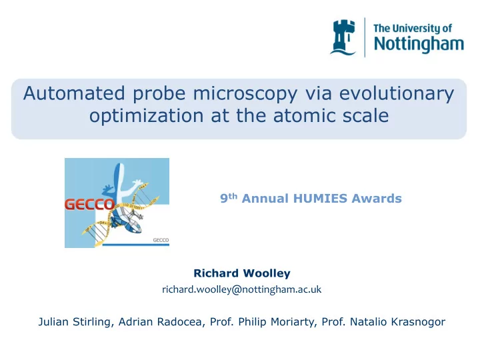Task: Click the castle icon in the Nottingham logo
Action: (343, 37)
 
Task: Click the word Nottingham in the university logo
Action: (419, 45)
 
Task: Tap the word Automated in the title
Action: (74, 93)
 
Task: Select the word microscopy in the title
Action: (245, 94)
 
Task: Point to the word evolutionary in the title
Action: (397, 94)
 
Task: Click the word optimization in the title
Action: (146, 116)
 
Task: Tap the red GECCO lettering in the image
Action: (89, 205)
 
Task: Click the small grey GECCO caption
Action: (161, 240)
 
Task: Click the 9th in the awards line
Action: (229, 198)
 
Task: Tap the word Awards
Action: (377, 199)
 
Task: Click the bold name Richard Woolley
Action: (242, 273)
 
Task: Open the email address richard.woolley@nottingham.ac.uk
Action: (242, 289)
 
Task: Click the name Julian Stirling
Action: (74, 322)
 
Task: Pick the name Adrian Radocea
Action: (160, 322)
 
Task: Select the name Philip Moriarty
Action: (277, 322)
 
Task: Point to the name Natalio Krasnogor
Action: (397, 322)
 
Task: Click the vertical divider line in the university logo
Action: (365, 37)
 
